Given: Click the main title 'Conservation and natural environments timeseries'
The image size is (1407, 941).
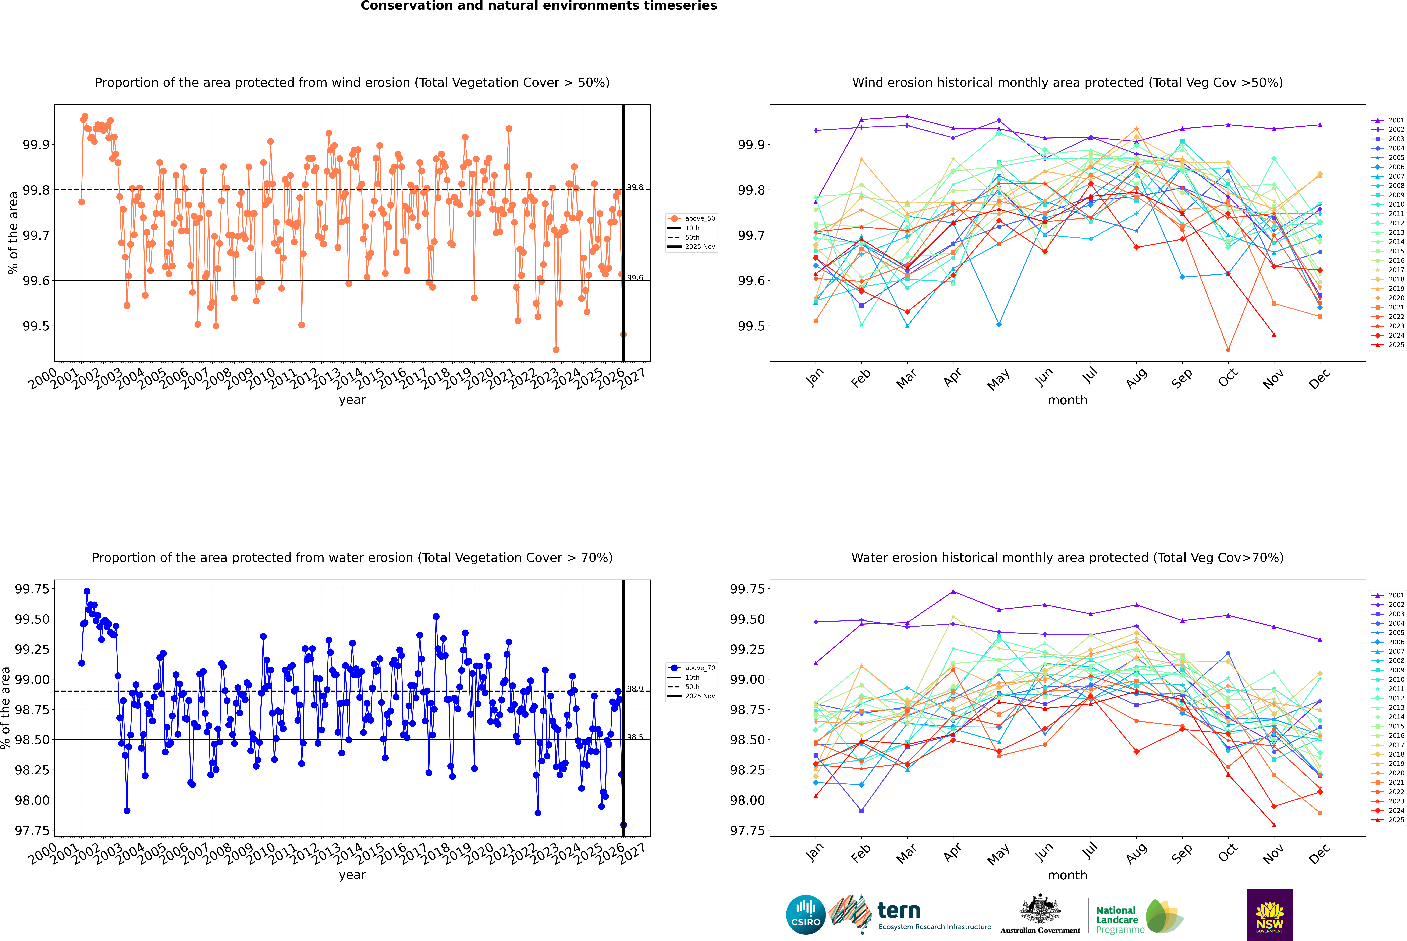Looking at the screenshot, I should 539,6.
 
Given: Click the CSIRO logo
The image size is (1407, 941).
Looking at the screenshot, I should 806,915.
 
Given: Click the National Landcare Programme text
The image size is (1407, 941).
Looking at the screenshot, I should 1117,919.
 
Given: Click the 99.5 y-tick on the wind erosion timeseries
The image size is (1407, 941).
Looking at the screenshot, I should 36,326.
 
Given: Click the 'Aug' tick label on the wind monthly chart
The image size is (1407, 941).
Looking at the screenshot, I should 1137,378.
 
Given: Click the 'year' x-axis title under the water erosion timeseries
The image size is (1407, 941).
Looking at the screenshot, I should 352,875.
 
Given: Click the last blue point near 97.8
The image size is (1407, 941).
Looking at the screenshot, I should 623,825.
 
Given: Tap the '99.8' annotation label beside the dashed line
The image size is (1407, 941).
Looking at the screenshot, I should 635,187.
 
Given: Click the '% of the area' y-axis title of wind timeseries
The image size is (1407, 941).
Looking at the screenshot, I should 13,233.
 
